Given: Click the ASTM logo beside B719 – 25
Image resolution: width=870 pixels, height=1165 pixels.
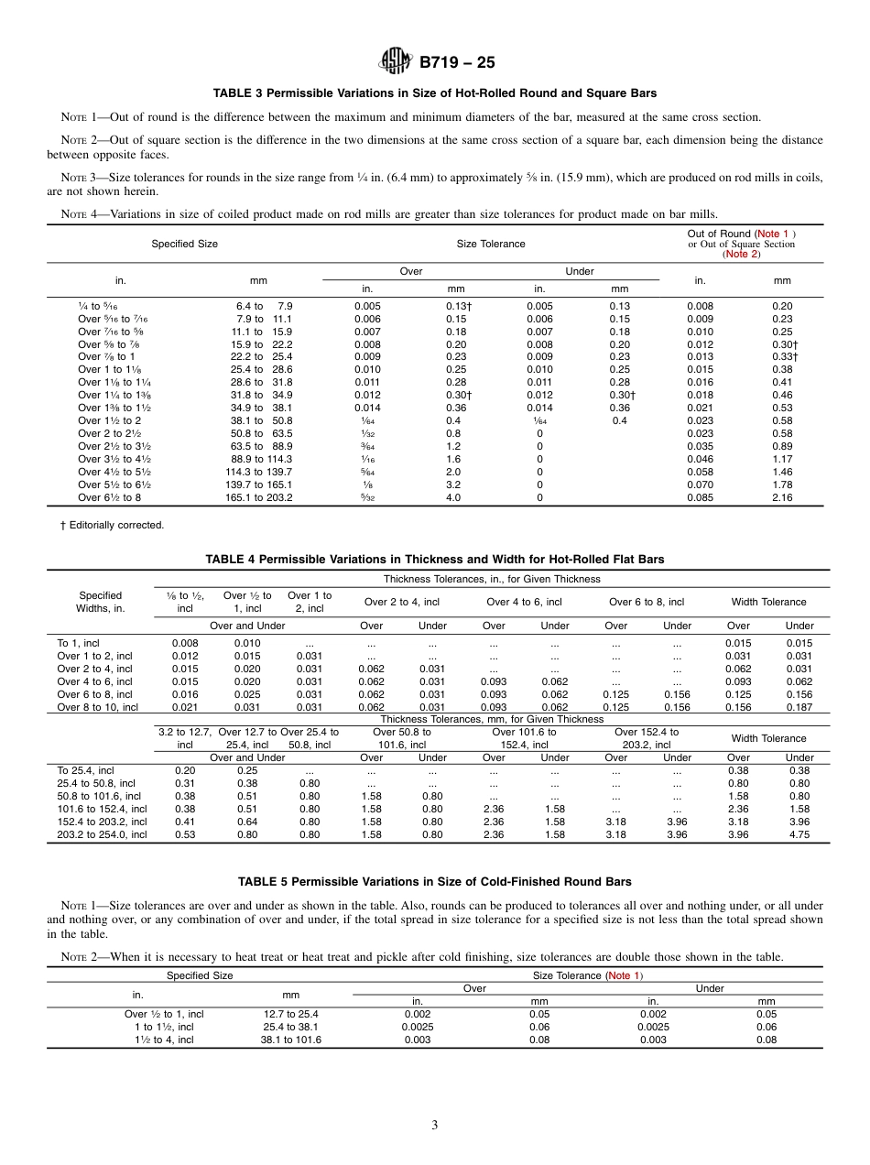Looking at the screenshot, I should coord(396,61).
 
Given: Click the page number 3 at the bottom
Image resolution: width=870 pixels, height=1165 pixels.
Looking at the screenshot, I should coord(434,1125).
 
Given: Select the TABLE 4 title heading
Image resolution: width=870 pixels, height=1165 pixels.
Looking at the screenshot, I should coord(434,559).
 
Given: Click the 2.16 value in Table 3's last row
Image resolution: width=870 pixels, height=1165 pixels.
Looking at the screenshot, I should coord(782,497).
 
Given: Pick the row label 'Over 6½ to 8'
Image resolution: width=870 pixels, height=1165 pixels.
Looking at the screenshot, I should coord(109,497).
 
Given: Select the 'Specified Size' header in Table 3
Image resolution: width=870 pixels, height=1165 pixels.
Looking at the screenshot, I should coord(184,244).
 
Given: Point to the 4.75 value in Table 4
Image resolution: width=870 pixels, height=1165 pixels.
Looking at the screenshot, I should coord(799,834).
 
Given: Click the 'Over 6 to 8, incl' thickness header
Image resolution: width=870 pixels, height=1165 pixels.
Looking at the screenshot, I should coord(647,602).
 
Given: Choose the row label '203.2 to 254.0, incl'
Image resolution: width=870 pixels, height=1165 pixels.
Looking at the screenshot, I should coord(102,834).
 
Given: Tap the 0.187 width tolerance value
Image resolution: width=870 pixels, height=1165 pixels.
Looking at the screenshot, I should coord(799,707).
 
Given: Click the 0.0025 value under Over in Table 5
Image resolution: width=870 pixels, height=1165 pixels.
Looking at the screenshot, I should coord(417,1027).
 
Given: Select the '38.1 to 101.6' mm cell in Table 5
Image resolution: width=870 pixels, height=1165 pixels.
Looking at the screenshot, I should coord(291,1040).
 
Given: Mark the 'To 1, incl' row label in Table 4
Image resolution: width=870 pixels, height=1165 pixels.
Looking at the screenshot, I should coord(81,643).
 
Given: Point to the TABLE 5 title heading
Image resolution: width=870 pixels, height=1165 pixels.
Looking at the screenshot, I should coord(434,882).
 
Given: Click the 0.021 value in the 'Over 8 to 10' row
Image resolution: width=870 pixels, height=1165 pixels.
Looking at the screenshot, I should coord(185,707).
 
